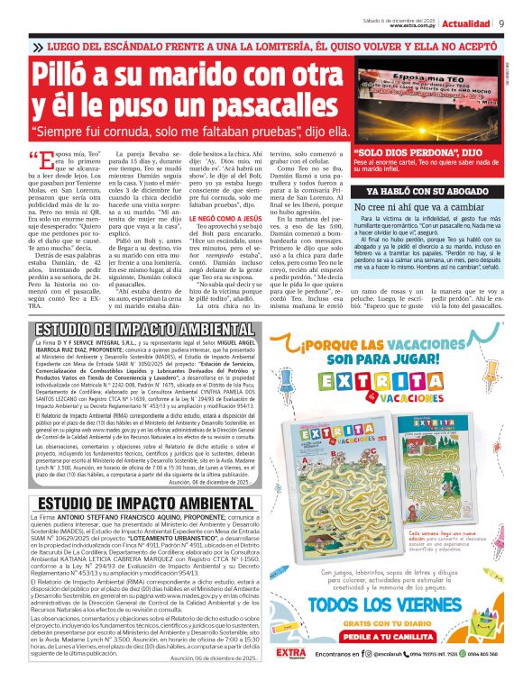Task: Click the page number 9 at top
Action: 500,23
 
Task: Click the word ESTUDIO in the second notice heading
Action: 75,504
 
